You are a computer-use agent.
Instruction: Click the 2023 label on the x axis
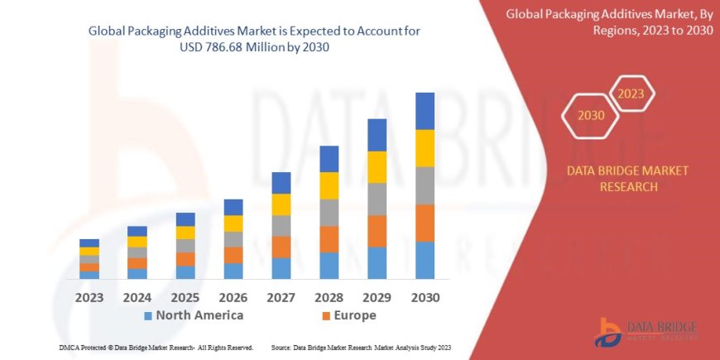[89, 296]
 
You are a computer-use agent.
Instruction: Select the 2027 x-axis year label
[281, 296]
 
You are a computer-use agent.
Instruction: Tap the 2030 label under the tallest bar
[425, 296]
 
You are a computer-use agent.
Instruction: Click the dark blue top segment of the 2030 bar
[425, 111]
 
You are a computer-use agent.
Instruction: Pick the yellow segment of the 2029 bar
[377, 167]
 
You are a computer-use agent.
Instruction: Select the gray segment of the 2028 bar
[329, 213]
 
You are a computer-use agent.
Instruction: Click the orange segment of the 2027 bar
[281, 247]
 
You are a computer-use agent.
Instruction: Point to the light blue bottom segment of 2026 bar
[233, 271]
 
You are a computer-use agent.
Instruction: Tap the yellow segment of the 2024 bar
[137, 242]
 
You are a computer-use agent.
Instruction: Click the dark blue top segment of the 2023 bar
[89, 243]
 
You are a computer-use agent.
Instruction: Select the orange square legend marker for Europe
[326, 316]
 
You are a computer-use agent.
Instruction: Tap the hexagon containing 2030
[590, 115]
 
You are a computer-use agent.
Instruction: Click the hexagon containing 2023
[631, 94]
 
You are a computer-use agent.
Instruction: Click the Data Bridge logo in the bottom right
[646, 331]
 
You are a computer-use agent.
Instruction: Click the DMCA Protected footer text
[156, 348]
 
